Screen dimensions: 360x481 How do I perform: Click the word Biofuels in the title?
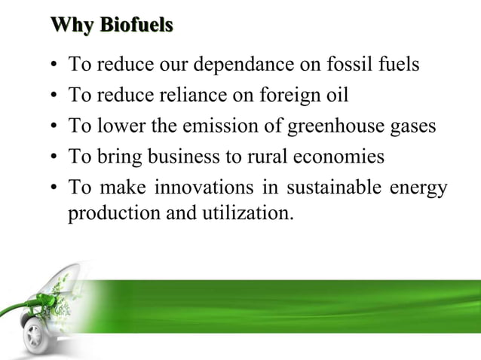(138, 27)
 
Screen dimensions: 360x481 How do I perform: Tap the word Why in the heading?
(74, 27)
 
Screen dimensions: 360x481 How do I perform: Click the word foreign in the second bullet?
(283, 96)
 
